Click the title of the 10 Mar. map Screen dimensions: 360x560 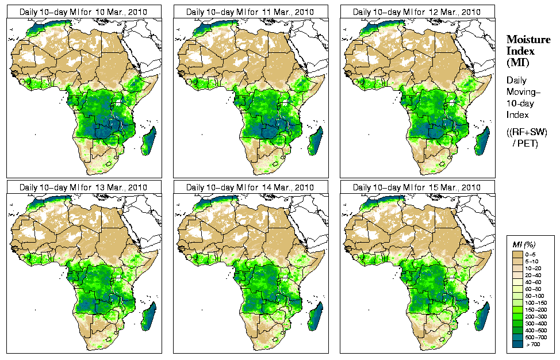83,12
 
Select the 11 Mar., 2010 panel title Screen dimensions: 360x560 250,12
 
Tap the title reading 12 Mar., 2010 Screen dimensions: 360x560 417,12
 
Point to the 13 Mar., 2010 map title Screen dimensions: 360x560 83,187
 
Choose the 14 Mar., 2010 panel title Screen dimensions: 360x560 250,187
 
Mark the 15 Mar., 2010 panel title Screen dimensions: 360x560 417,187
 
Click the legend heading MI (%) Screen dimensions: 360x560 523,245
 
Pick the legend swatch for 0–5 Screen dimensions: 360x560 518,254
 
